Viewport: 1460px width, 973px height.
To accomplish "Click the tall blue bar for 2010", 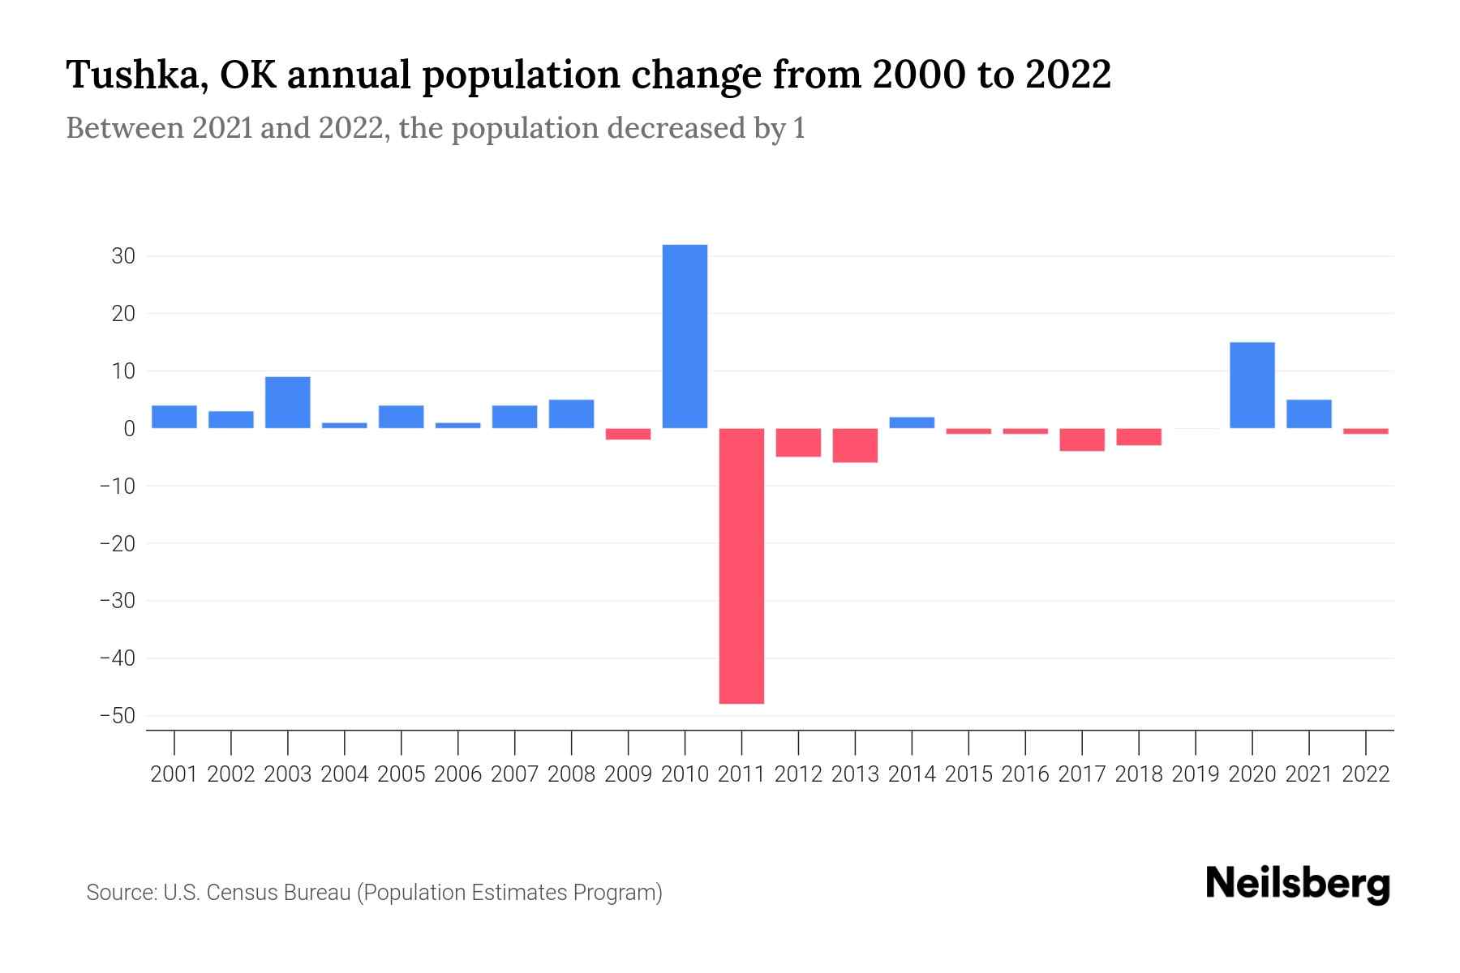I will tap(685, 336).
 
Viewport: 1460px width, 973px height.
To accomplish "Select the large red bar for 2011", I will tap(741, 566).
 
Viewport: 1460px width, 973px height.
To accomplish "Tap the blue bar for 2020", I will tap(1252, 385).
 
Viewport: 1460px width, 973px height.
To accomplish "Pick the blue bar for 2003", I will tap(287, 402).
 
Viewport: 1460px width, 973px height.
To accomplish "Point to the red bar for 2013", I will tap(855, 445).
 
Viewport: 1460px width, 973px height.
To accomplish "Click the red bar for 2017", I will tap(1081, 439).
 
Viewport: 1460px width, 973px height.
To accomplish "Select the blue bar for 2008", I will tap(571, 414).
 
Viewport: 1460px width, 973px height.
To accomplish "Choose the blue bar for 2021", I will tap(1308, 414).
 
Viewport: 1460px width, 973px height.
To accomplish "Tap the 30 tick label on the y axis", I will tap(123, 256).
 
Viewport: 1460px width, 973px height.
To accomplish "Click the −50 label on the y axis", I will tap(118, 716).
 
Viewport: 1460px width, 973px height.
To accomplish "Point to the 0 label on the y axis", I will tap(129, 429).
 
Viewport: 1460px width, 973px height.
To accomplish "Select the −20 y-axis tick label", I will tap(118, 543).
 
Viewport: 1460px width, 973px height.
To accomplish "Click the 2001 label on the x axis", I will tap(174, 774).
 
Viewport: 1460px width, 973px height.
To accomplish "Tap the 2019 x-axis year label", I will tap(1196, 774).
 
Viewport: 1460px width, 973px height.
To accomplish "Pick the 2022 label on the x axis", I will tap(1366, 774).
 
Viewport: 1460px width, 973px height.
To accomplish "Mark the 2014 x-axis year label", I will tap(912, 774).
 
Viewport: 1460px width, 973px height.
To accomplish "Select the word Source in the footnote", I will tap(120, 893).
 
